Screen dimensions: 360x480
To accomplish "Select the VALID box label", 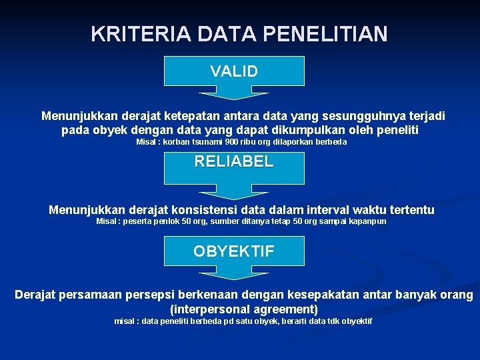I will point(234,71).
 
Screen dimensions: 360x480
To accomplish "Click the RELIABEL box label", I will point(234,161).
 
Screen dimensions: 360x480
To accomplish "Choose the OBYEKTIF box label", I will point(234,251).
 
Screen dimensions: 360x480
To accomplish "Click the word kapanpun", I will point(368,221).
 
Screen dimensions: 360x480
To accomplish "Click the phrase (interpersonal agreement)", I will point(244,309).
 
